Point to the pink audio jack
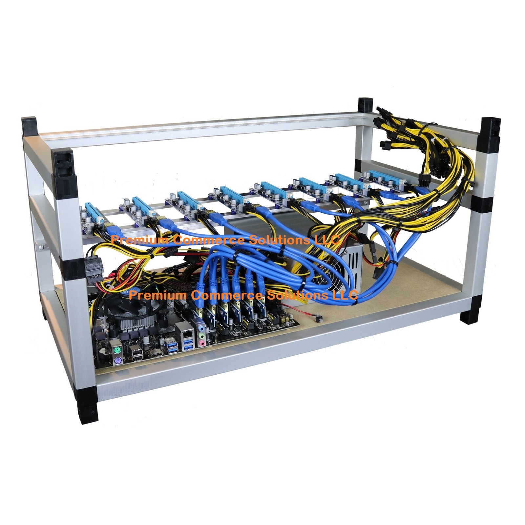203,342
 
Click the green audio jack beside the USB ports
201,336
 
